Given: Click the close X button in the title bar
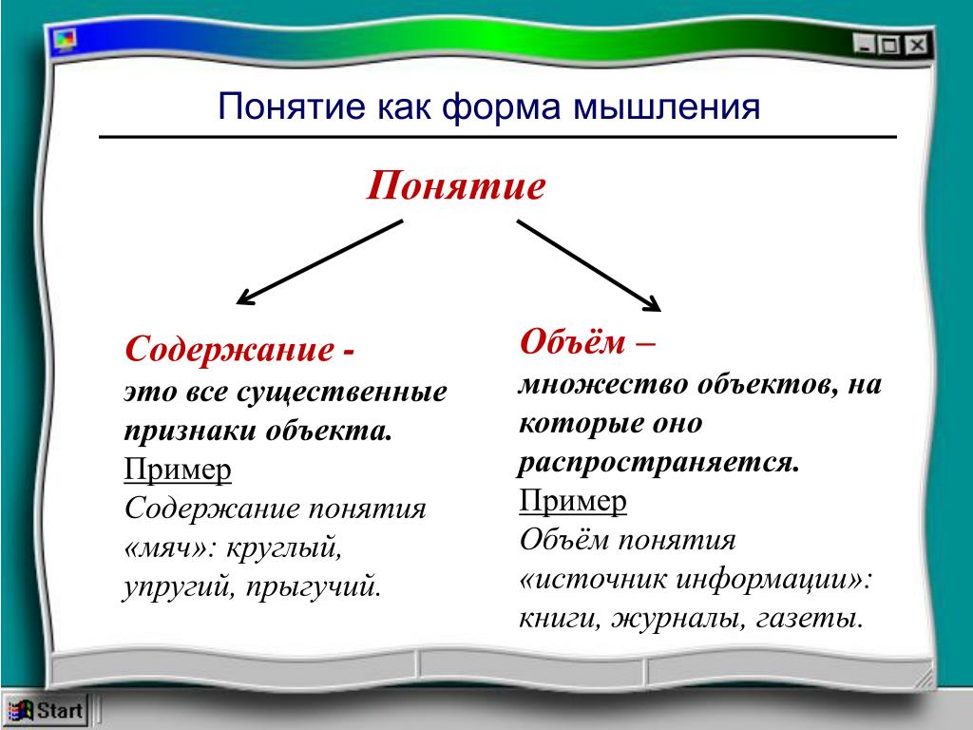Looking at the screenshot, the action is click(x=917, y=46).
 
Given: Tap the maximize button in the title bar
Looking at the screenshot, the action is click(x=889, y=45).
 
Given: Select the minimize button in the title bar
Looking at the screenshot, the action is click(x=863, y=44).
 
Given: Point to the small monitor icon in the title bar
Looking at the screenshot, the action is click(x=66, y=40).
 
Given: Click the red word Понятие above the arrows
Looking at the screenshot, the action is click(x=455, y=185).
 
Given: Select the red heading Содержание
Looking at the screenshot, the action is click(x=230, y=349).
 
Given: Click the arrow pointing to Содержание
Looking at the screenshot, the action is click(x=320, y=262).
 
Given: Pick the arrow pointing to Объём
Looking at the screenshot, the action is click(x=589, y=265).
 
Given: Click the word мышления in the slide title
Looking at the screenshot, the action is click(x=666, y=106).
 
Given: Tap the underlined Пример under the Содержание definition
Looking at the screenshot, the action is click(x=178, y=471).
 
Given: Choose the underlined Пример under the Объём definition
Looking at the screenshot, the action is click(x=573, y=502).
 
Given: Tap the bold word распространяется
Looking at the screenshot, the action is click(x=658, y=463).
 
